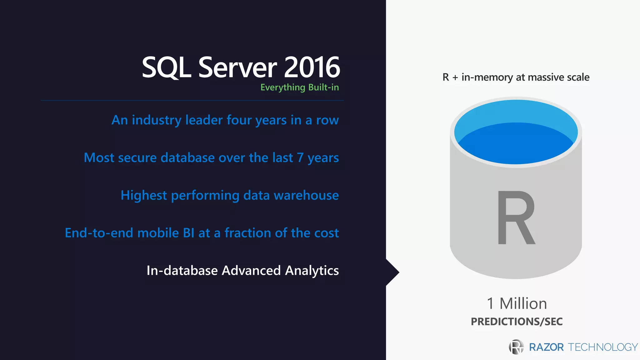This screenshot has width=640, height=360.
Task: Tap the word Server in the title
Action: [237, 67]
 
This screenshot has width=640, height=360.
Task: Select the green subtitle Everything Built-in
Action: [299, 87]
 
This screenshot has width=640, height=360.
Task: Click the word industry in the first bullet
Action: [157, 120]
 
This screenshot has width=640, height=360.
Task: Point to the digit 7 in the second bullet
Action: [300, 158]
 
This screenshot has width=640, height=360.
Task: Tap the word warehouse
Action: [306, 195]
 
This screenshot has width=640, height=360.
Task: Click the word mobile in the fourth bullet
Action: [158, 233]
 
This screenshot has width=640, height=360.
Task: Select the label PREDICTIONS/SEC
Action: [517, 322]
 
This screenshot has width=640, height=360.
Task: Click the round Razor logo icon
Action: [516, 347]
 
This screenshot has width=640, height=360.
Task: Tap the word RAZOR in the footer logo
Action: [546, 347]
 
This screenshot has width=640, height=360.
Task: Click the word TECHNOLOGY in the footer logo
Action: [602, 347]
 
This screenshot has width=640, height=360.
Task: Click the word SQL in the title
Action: [166, 67]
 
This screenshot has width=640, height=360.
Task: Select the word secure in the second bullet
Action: [137, 158]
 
